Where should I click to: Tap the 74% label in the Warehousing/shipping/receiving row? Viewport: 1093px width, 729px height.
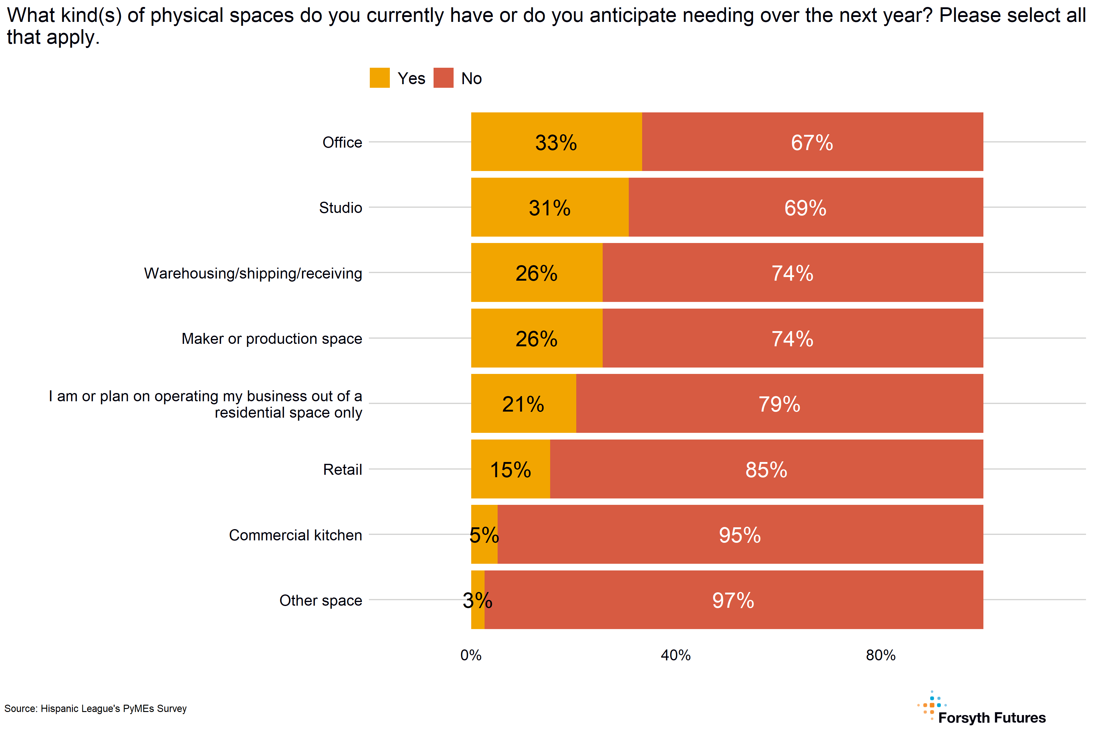point(792,273)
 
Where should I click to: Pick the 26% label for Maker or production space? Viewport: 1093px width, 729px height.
point(536,339)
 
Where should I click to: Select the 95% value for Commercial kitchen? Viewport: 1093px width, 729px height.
point(740,535)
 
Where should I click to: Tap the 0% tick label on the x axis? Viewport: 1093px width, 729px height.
point(471,655)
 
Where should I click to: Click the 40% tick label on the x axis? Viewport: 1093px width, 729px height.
point(676,655)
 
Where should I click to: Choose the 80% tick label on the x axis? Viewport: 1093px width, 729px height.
point(881,655)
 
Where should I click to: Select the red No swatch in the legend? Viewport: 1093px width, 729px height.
point(443,78)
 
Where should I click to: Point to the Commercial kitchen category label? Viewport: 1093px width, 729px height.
point(295,535)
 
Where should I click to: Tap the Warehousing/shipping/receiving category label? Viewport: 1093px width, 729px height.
point(253,273)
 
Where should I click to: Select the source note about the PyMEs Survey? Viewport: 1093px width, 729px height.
point(95,709)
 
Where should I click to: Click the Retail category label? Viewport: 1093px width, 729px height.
point(342,470)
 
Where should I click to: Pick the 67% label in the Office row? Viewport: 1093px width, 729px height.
point(812,143)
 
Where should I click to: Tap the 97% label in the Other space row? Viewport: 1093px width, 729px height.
point(733,601)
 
